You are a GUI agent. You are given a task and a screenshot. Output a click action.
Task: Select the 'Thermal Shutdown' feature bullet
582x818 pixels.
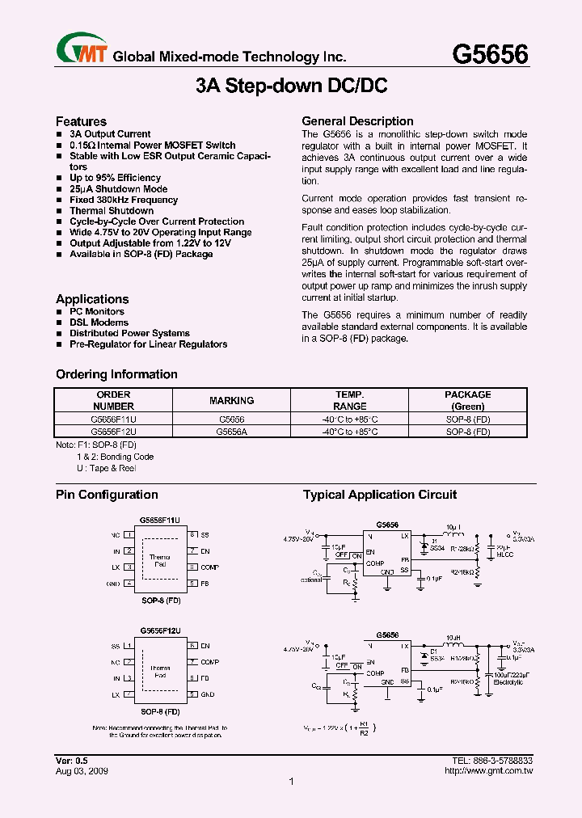pos(111,210)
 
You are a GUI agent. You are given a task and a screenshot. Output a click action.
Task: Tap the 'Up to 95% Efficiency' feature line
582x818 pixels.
pos(115,178)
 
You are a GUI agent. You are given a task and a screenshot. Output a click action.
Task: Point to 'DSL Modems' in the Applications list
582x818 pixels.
pos(99,323)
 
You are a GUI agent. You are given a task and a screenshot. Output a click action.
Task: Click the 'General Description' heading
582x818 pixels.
pos(357,121)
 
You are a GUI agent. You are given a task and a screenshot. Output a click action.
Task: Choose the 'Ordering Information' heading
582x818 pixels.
pos(116,374)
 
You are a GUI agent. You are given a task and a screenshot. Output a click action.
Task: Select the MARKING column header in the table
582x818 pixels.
pos(231,400)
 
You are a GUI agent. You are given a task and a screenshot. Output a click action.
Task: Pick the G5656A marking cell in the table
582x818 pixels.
pos(231,432)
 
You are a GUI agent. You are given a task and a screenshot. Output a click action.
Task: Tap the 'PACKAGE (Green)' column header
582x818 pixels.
pos(467,400)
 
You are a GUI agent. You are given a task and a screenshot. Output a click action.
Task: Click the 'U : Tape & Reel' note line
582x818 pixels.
pos(106,468)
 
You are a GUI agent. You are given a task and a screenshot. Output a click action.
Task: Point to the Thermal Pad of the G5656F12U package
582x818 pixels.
pos(160,671)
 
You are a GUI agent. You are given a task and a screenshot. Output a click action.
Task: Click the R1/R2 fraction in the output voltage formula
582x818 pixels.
pos(363,729)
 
